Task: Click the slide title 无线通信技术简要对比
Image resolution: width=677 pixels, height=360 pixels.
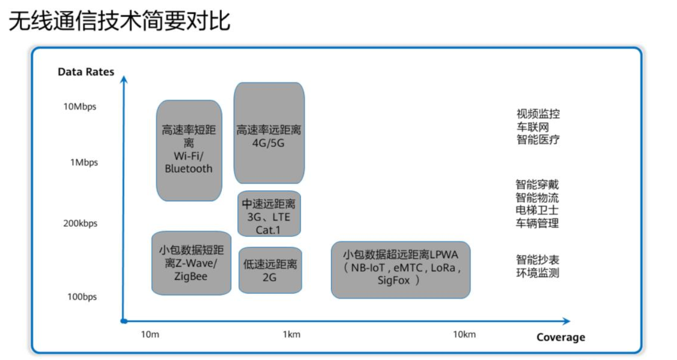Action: [120, 21]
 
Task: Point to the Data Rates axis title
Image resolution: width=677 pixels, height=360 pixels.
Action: [86, 72]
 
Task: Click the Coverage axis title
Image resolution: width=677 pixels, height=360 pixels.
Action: [561, 337]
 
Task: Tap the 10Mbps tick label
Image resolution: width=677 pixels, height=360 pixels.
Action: [80, 107]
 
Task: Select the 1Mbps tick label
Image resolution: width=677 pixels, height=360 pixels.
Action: [84, 163]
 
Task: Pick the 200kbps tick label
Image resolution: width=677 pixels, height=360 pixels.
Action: [81, 223]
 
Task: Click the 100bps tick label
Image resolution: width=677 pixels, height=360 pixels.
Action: [82, 297]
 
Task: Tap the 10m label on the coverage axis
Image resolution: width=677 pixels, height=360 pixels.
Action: [150, 334]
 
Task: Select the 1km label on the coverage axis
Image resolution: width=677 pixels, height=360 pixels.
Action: [291, 334]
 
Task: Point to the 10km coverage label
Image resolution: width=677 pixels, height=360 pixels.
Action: [464, 334]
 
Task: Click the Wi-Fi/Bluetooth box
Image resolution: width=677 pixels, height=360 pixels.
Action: [189, 151]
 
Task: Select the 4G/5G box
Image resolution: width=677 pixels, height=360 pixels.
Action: [269, 133]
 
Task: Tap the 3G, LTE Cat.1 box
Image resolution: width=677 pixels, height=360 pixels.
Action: [269, 213]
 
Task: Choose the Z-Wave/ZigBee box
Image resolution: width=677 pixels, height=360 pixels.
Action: [191, 263]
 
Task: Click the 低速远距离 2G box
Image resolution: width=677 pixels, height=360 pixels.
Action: [270, 270]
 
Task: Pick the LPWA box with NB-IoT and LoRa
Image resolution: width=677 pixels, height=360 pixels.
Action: [401, 270]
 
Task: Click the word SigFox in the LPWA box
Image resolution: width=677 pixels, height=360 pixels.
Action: [394, 280]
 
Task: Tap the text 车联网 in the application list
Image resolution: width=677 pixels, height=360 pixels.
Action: [532, 127]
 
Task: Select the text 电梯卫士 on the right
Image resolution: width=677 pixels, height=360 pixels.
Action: [537, 210]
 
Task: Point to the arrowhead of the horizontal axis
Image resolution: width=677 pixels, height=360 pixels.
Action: [567, 321]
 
